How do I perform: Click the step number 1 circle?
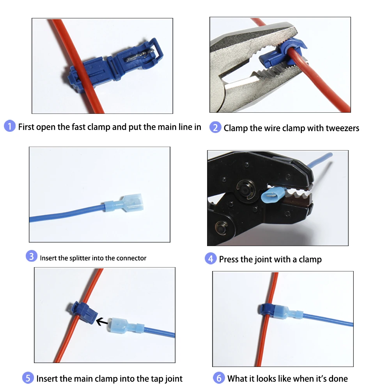pyautogui.click(x=10, y=126)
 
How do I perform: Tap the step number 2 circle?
pyautogui.click(x=215, y=128)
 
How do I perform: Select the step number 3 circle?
pyautogui.click(x=32, y=256)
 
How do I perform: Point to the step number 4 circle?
pyautogui.click(x=211, y=258)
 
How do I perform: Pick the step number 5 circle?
pyautogui.click(x=28, y=378)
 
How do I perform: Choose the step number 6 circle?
pyautogui.click(x=219, y=378)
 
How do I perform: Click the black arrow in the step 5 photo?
pyautogui.click(x=102, y=322)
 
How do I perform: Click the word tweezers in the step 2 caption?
pyautogui.click(x=339, y=128)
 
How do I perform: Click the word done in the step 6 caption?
pyautogui.click(x=337, y=378)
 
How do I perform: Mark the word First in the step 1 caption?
pyautogui.click(x=26, y=127)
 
